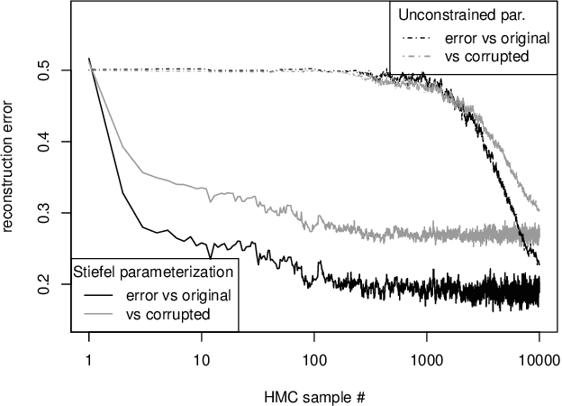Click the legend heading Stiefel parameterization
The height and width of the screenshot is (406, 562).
[153, 271]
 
